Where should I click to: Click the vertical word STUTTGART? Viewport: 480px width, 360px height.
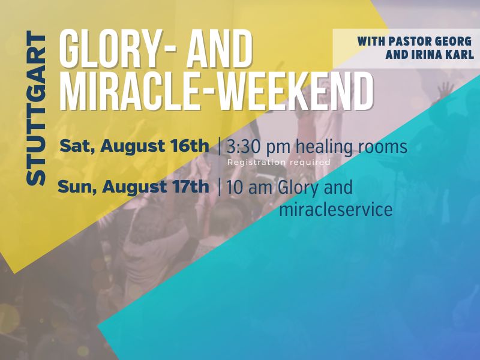(x=36, y=108)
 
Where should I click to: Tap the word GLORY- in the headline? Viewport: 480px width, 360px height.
(x=117, y=49)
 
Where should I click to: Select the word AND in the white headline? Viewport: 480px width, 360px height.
(x=220, y=49)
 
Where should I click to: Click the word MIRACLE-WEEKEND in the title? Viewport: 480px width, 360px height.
(x=216, y=91)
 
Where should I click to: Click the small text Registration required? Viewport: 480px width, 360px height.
(x=278, y=162)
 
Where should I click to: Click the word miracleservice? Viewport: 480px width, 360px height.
(x=336, y=209)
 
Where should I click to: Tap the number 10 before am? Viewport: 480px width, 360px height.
(x=235, y=188)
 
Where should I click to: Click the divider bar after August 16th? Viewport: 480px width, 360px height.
(x=219, y=146)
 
